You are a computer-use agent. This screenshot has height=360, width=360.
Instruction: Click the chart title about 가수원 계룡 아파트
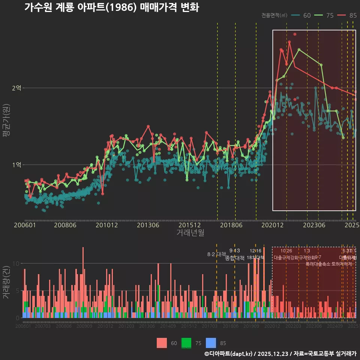(111, 7)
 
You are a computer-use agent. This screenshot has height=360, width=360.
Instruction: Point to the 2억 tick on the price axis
(17, 88)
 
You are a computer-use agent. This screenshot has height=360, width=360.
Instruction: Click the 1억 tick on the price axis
(17, 165)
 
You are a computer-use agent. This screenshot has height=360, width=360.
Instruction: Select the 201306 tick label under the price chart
(148, 225)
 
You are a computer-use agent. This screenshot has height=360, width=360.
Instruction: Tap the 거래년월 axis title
(190, 233)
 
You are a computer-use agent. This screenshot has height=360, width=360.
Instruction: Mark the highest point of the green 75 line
(299, 49)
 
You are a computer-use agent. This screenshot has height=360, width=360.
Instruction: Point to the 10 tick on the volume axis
(15, 263)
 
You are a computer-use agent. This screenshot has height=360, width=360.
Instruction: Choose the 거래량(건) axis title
(6, 282)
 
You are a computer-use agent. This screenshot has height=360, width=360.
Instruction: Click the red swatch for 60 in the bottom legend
(162, 343)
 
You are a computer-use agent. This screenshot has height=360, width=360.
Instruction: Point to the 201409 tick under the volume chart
(168, 326)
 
